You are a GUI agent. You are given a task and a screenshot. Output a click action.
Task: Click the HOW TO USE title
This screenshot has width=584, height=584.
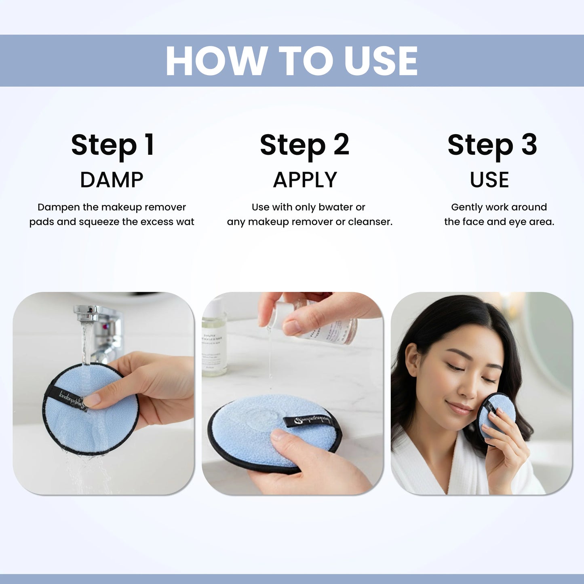pos(291,61)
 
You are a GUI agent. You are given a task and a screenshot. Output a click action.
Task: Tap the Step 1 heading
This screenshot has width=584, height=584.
pos(113,145)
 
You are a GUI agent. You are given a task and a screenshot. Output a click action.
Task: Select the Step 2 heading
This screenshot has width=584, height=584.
pos(304,145)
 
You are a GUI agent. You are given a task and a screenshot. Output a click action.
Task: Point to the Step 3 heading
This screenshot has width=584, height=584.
pos(492,145)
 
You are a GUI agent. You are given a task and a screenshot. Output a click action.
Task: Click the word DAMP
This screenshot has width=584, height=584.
pos(112,180)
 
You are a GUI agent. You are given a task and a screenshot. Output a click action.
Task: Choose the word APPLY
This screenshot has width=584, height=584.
pos(305,180)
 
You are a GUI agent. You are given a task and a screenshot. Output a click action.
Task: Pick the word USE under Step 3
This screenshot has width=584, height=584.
pos(489,180)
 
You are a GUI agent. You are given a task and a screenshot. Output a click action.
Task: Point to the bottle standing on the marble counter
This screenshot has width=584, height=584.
pos(213,339)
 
